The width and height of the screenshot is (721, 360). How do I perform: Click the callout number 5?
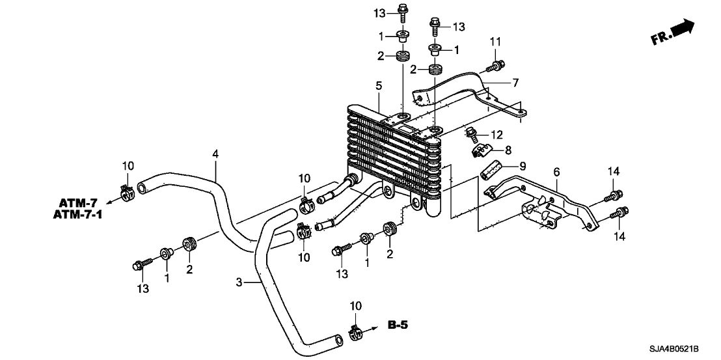click(x=378, y=85)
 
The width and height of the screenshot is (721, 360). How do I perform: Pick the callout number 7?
click(x=514, y=83)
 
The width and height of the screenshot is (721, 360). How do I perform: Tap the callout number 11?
click(x=496, y=42)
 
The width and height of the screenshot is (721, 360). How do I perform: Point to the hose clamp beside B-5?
click(x=355, y=333)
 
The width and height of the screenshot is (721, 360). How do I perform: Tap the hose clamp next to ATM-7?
click(x=128, y=191)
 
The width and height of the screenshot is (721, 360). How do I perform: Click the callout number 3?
click(x=239, y=282)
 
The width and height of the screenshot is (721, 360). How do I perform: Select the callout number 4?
click(x=215, y=154)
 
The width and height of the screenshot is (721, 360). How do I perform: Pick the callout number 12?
click(x=497, y=134)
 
